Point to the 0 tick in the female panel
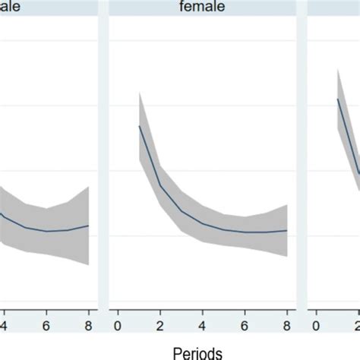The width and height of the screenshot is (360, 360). (118, 324)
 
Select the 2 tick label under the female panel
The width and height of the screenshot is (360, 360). (160, 324)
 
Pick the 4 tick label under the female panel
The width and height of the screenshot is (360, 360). (203, 324)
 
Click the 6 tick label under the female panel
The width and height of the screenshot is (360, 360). (245, 324)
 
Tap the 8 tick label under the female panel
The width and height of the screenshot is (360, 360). (287, 324)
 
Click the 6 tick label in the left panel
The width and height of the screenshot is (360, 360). (46, 324)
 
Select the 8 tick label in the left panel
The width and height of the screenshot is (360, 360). (89, 324)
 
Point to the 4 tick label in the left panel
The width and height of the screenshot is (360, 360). (4, 324)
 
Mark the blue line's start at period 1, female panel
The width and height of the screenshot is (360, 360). (139, 126)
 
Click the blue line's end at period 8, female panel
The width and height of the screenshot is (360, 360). (287, 230)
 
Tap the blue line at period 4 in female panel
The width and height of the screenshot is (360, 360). (203, 223)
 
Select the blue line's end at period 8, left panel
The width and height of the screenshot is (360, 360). (89, 225)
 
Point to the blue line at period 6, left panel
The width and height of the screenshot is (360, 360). (46, 231)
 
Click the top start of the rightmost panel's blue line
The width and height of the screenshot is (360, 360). (338, 99)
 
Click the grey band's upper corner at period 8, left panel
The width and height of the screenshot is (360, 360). (89, 187)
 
